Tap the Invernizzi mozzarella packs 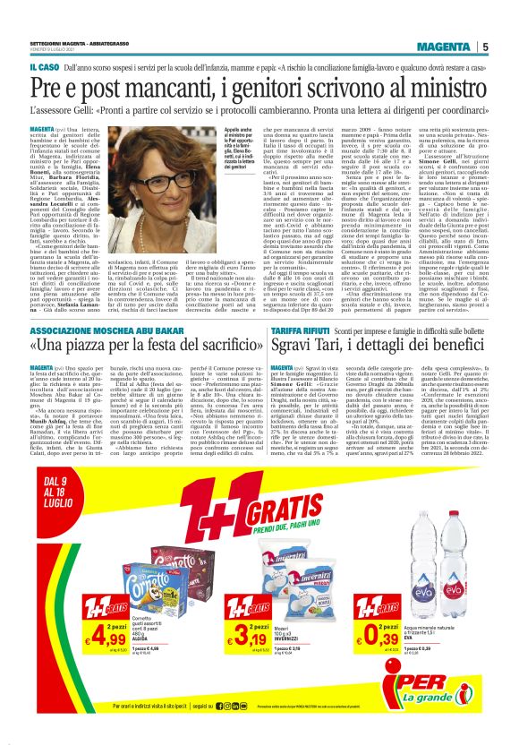[299, 582]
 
